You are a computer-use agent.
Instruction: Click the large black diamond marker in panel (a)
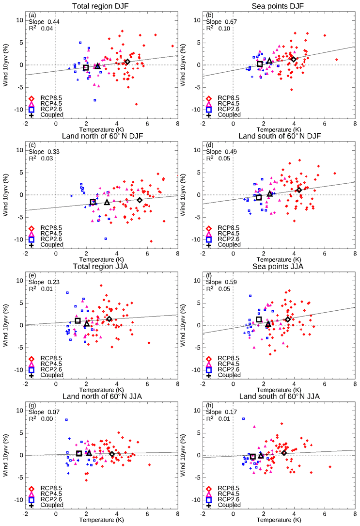click(x=127, y=62)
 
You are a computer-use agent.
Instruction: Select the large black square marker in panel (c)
click(x=93, y=202)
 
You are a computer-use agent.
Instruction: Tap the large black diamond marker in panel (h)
click(x=284, y=453)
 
